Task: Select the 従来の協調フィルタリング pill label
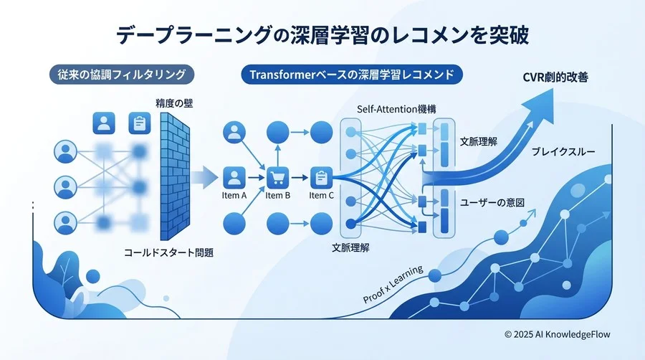pos(122,75)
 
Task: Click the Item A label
pos(234,195)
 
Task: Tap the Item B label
pos(277,195)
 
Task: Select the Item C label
pos(321,195)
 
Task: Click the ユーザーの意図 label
pos(492,203)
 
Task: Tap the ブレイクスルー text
pos(564,152)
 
